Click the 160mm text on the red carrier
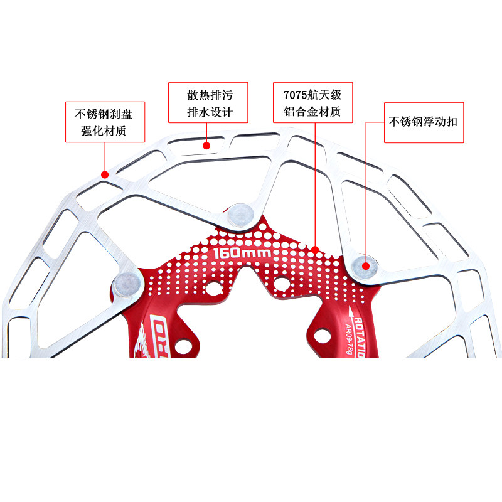(x=242, y=254)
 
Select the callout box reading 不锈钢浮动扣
(x=424, y=122)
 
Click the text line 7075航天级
(x=312, y=95)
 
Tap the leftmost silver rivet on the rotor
(x=126, y=285)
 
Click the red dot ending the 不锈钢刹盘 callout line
(x=105, y=174)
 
